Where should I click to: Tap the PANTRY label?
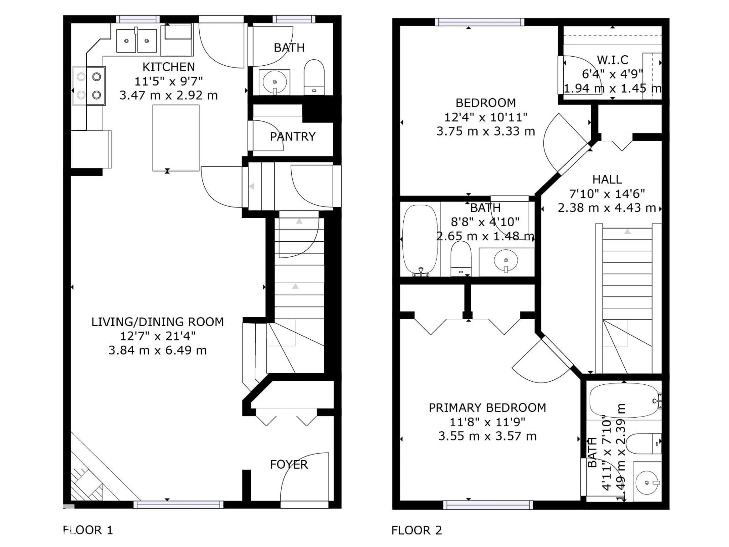coord(293,137)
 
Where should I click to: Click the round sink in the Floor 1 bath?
coord(275,82)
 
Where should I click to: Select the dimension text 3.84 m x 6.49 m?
coord(158,350)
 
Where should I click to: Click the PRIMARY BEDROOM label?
coord(487,408)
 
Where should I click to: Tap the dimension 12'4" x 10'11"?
coord(485,117)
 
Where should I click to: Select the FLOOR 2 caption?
coord(416,530)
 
